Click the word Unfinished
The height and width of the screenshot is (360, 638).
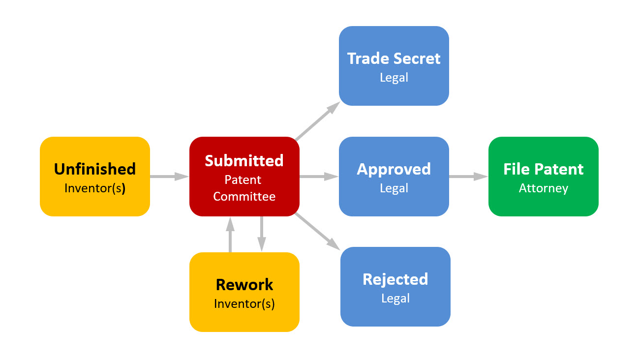point(94,169)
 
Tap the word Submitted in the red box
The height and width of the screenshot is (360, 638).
point(244,160)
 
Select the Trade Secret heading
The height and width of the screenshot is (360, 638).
point(394,59)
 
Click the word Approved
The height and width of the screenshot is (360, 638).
point(394,169)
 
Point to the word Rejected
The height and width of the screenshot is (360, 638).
point(395,279)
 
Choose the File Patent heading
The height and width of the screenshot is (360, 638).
point(543,169)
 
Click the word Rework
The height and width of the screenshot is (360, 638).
point(244,284)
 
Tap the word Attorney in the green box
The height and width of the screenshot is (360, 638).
point(543,188)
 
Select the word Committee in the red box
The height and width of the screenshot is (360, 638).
point(244,197)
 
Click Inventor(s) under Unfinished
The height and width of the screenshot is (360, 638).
point(94,188)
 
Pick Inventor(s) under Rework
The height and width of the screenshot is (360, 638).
point(244,303)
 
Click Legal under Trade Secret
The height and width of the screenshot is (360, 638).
point(394,78)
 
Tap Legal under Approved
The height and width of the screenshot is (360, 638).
point(394,188)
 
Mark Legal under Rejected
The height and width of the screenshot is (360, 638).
point(395,298)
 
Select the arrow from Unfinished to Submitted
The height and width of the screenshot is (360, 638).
point(169,176)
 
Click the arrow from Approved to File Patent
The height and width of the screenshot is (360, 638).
point(468,176)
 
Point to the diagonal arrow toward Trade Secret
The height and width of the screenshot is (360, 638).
point(318,121)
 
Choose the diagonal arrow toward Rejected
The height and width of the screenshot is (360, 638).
point(318,231)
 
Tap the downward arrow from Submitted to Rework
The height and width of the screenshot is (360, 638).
point(261,234)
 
